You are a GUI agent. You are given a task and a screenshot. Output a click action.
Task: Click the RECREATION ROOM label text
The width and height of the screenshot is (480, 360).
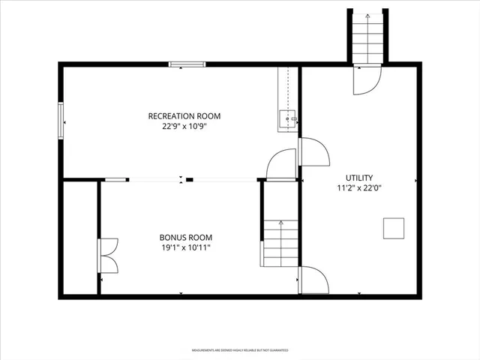click(184, 115)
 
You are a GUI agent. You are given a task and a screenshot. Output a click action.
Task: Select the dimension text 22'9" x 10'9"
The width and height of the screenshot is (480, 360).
click(184, 127)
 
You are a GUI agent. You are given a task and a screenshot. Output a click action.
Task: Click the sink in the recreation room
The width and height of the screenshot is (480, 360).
click(287, 120)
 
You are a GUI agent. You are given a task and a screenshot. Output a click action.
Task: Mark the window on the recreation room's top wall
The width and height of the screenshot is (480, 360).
click(187, 65)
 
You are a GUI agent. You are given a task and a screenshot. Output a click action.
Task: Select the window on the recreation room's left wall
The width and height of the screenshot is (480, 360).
click(61, 120)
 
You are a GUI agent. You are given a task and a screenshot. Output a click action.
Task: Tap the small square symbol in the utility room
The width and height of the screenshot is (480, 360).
click(394, 227)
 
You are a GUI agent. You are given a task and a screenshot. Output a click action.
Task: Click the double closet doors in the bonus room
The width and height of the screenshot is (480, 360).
click(108, 256)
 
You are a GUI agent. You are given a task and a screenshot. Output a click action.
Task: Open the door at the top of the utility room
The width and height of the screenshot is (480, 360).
click(367, 79)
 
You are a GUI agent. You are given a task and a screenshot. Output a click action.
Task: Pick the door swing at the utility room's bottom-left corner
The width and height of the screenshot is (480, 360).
click(313, 280)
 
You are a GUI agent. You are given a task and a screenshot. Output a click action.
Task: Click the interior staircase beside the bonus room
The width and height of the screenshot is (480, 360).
click(280, 244)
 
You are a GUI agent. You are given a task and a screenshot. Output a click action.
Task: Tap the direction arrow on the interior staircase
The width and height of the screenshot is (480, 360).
click(280, 223)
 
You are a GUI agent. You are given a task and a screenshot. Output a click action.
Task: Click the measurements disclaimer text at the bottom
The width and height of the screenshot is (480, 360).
click(240, 350)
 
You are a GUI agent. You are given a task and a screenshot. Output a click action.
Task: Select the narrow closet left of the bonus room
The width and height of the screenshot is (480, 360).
click(79, 238)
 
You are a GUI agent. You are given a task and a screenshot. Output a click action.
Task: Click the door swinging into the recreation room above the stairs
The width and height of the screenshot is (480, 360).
click(283, 165)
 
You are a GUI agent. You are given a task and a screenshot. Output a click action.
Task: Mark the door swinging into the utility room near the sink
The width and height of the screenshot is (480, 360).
click(313, 151)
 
